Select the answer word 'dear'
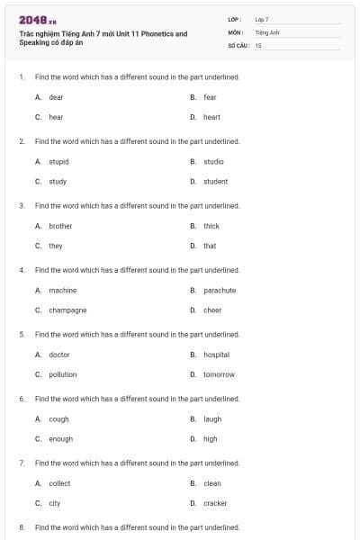pyautogui.click(x=56, y=97)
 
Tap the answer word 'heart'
pyautogui.click(x=211, y=117)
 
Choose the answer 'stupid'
pyautogui.click(x=58, y=162)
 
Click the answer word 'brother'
pyautogui.click(x=60, y=226)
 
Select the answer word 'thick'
pyautogui.click(x=211, y=226)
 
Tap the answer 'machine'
pyautogui.click(x=62, y=291)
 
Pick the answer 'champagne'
pyautogui.click(x=67, y=310)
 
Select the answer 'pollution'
pyautogui.click(x=62, y=374)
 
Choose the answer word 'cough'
pyautogui.click(x=58, y=419)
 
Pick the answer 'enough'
pyautogui.click(x=60, y=439)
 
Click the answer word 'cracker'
pyautogui.click(x=215, y=503)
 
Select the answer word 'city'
pyautogui.click(x=55, y=503)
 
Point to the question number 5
pyautogui.click(x=22, y=335)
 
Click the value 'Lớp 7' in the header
pyautogui.click(x=262, y=19)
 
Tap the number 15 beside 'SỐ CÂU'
pyautogui.click(x=258, y=44)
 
